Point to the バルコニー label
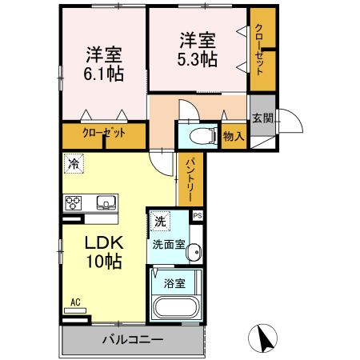133,340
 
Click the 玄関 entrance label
262,118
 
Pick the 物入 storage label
234,137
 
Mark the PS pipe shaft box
198,215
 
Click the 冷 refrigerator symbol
73,165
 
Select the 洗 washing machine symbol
160,222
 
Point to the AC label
76,302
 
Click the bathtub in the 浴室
174,307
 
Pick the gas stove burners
73,202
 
